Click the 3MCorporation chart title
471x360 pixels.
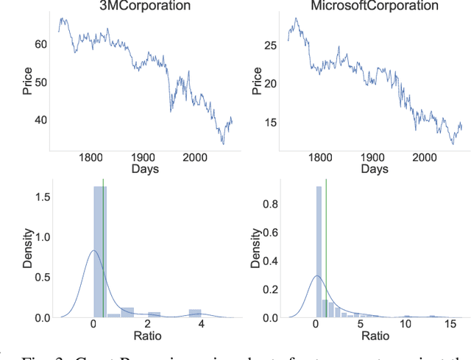pyautogui.click(x=144, y=6)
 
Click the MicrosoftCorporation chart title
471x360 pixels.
pyautogui.click(x=375, y=6)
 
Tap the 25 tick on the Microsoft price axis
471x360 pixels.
pyautogui.click(x=269, y=45)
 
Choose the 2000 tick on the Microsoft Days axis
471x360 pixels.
pyautogui.click(x=425, y=157)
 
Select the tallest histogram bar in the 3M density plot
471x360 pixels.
pyautogui.click(x=100, y=250)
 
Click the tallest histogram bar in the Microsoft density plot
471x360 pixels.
pyautogui.click(x=319, y=250)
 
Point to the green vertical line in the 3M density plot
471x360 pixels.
pyautogui.click(x=103, y=250)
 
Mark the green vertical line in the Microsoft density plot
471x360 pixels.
pyautogui.click(x=326, y=250)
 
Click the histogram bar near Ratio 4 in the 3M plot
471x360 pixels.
pyautogui.click(x=194, y=313)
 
